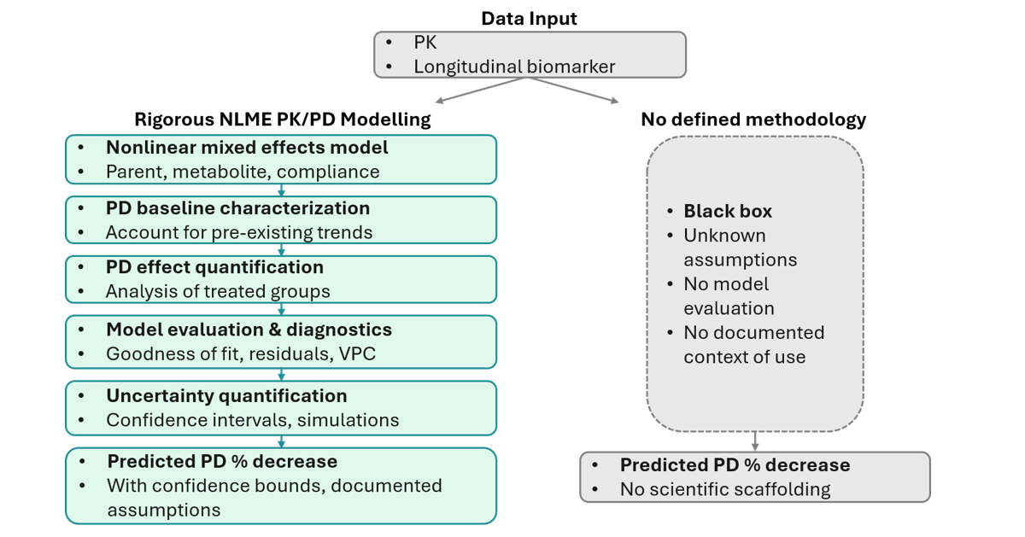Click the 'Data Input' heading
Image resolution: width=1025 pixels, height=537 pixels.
coord(529,19)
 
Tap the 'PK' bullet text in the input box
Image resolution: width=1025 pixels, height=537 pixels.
coord(425,43)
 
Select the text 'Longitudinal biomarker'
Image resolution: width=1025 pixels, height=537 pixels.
coord(514,67)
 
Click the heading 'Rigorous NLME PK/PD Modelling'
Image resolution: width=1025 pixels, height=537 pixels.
coord(283,120)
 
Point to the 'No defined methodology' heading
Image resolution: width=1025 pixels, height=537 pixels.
coord(753,120)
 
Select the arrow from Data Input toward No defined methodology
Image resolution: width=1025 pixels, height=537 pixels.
coord(574,90)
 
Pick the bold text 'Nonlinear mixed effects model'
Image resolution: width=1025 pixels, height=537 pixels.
coord(247,148)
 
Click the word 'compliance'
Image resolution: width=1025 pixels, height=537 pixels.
coord(328,172)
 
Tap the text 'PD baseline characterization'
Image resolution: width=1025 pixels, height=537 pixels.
coord(238,208)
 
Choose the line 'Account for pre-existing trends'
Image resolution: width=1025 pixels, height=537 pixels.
coord(239,232)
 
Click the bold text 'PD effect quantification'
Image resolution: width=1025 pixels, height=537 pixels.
coord(214,267)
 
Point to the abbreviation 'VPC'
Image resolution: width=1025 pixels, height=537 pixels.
coord(357,353)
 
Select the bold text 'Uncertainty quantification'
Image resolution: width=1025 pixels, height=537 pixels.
coord(226,395)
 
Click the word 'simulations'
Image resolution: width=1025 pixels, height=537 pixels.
coord(348,420)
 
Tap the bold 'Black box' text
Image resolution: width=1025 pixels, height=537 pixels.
coord(728,212)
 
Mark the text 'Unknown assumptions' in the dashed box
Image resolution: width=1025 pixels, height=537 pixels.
coord(741,248)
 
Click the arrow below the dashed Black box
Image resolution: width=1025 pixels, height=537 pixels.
coord(755,441)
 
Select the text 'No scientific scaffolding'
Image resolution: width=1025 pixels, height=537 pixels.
coord(725,489)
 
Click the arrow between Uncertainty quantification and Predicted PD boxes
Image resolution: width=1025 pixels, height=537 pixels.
coord(281,441)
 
